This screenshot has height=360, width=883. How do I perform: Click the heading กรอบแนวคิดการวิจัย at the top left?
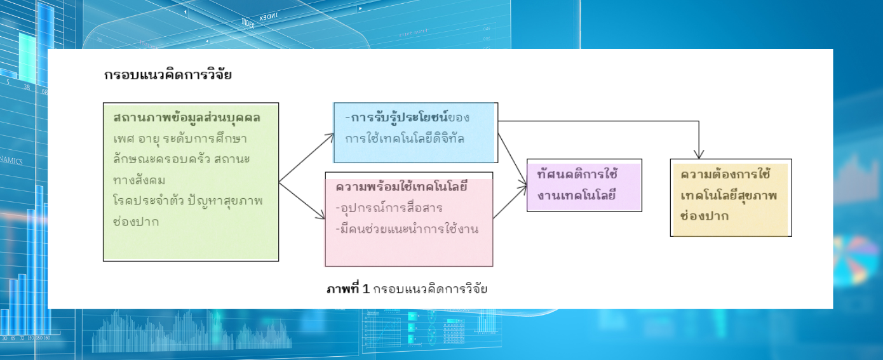coord(168,75)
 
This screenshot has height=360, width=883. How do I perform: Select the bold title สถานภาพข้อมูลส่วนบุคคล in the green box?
coord(187,117)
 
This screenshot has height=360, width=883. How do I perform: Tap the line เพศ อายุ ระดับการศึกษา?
coord(180,138)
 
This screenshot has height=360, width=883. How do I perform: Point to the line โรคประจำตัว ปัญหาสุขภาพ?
coord(188,201)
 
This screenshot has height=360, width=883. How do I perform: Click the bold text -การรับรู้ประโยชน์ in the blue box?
coord(396,117)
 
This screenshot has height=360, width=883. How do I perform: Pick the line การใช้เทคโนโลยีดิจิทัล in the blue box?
coord(405,138)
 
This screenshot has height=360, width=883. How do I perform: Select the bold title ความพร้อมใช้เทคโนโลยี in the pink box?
coord(401,187)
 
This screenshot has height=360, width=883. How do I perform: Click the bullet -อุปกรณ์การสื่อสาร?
coord(389,208)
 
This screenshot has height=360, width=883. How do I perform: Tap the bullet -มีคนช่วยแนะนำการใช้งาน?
coord(407,229)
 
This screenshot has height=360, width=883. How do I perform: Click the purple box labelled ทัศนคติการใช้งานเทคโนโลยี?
coord(584,185)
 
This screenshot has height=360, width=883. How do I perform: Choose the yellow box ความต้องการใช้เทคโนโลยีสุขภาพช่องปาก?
coord(731,197)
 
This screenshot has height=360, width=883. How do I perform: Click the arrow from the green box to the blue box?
coord(306,157)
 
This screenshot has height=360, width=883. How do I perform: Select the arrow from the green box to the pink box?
coord(302,200)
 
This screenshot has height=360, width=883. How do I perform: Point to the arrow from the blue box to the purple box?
coord(513,159)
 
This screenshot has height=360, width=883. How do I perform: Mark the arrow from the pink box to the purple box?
coord(510,202)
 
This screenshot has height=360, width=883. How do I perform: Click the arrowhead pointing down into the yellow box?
coord(699,154)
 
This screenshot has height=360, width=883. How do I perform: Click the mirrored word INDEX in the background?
coord(269,17)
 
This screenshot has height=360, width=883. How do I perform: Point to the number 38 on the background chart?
coord(27,87)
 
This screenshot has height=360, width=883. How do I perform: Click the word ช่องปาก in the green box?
coord(136,222)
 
